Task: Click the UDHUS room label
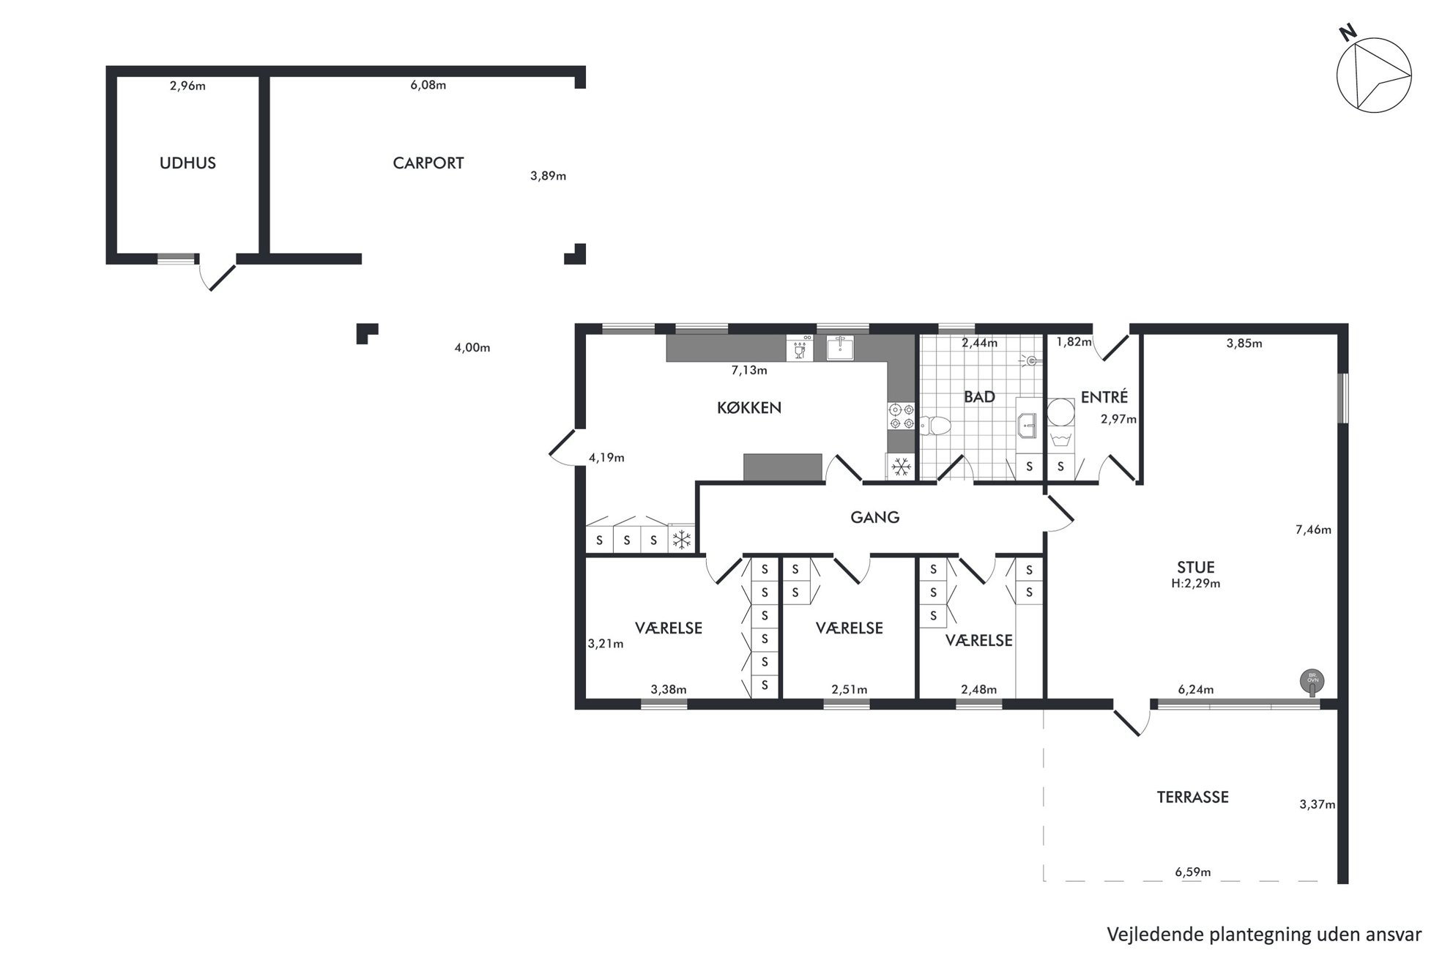pos(187,163)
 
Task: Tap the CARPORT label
pos(428,163)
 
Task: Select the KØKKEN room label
pos(749,408)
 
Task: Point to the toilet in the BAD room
pos(934,425)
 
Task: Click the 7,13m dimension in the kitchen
pos(749,371)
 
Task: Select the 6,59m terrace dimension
pos(1193,872)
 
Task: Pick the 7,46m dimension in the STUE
pos(1313,530)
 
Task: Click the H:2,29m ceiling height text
pos(1196,584)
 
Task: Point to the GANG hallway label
pos(875,518)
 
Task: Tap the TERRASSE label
pos(1192,798)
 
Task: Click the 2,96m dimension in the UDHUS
pos(187,86)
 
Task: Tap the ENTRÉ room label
pos(1104,397)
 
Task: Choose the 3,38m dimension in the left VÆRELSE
pos(669,689)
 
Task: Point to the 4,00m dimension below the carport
pos(472,348)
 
